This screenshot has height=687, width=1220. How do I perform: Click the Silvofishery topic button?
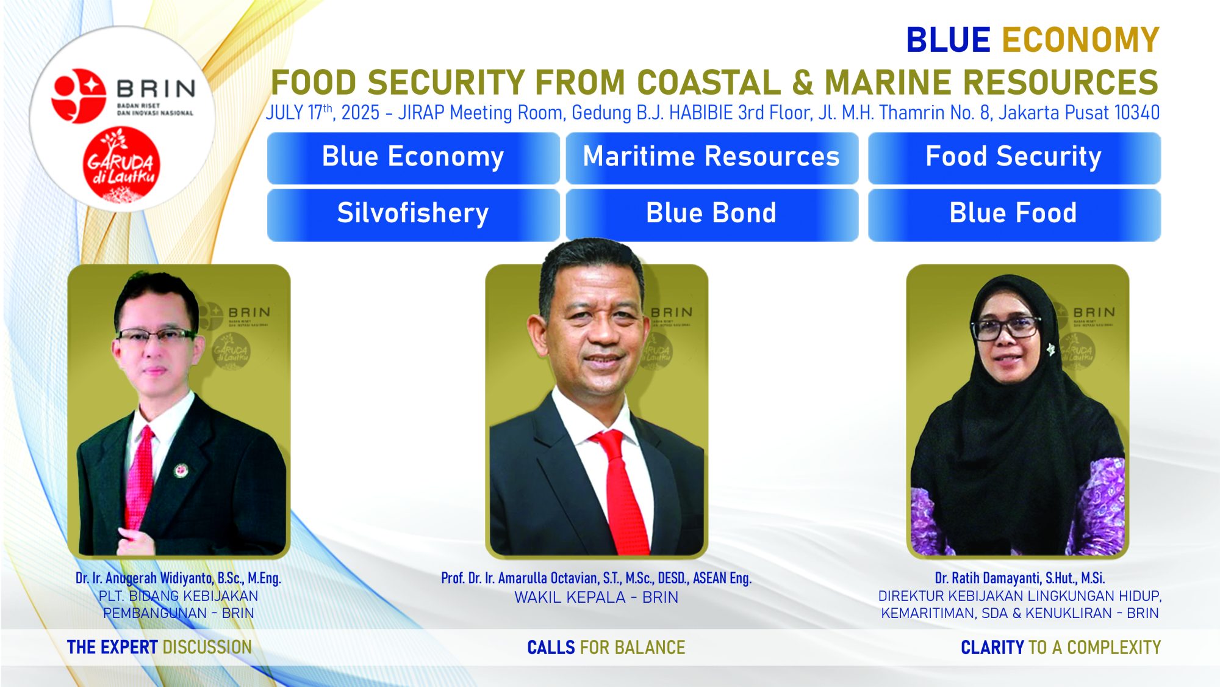click(413, 214)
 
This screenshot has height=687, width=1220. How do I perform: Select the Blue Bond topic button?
click(712, 214)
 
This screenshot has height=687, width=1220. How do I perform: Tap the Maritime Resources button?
click(712, 158)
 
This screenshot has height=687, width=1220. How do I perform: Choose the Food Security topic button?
click(1014, 158)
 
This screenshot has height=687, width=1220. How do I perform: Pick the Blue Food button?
click(1014, 214)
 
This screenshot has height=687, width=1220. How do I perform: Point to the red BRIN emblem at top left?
click(78, 95)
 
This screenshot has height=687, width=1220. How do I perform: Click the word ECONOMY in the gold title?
click(1080, 40)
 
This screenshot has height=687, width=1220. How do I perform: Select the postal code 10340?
click(1137, 113)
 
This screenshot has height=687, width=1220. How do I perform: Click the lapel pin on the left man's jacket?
click(181, 470)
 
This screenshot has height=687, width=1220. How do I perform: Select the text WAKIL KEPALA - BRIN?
click(596, 597)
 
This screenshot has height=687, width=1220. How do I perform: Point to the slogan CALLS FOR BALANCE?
click(606, 647)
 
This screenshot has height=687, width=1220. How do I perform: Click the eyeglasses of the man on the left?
click(157, 335)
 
